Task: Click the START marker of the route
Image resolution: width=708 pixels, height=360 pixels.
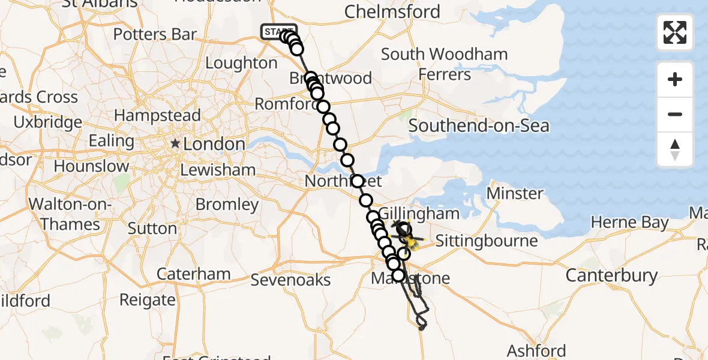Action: pyautogui.click(x=278, y=31)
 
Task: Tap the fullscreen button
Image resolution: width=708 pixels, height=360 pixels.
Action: pyautogui.click(x=675, y=32)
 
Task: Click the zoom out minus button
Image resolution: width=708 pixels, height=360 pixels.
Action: pyautogui.click(x=675, y=114)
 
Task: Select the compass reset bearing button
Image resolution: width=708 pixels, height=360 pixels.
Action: pyautogui.click(x=675, y=149)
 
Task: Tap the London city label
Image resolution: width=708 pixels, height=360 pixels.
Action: pyautogui.click(x=214, y=144)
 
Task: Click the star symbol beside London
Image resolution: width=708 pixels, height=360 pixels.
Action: pyautogui.click(x=175, y=144)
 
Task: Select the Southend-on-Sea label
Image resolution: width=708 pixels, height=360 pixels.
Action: pyautogui.click(x=479, y=126)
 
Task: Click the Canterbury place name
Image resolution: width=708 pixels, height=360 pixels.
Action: pyautogui.click(x=611, y=275)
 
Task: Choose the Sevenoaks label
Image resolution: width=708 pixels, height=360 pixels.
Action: pyautogui.click(x=291, y=280)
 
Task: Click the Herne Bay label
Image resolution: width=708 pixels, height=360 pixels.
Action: pyautogui.click(x=629, y=223)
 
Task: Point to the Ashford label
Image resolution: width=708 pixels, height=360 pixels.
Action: pyautogui.click(x=536, y=350)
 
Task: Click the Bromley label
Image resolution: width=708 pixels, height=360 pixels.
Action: pyautogui.click(x=227, y=205)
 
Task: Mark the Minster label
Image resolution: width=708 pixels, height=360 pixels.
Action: pyautogui.click(x=515, y=193)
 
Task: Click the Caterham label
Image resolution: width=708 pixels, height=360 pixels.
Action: pyautogui.click(x=194, y=274)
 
